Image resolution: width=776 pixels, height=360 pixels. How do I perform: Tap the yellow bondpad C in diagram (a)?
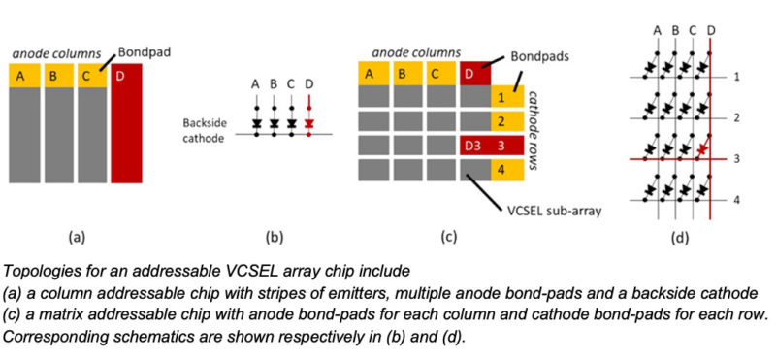90,75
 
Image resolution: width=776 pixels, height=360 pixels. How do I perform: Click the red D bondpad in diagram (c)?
472,74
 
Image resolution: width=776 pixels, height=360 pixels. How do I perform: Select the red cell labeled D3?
472,147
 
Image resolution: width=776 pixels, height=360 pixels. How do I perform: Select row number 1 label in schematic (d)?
737,76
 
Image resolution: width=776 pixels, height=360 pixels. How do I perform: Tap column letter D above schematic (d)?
712,30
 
